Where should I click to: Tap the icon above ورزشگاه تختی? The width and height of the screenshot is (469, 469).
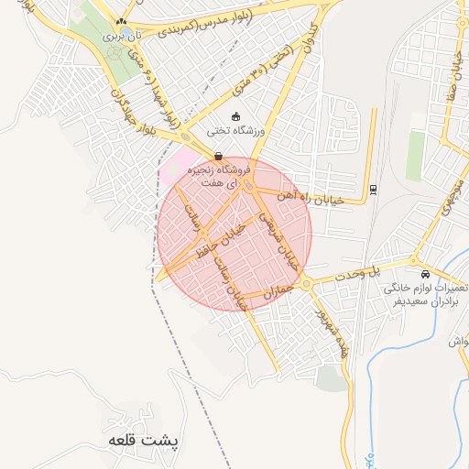(x=237, y=116)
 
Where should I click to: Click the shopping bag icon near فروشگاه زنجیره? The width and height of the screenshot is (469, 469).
(x=217, y=156)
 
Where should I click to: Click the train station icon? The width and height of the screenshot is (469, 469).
(x=373, y=190)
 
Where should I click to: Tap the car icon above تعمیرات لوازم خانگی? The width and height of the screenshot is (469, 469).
(x=425, y=274)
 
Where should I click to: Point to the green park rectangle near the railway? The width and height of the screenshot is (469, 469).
(x=416, y=156)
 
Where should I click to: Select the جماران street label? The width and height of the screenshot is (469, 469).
(x=275, y=292)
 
